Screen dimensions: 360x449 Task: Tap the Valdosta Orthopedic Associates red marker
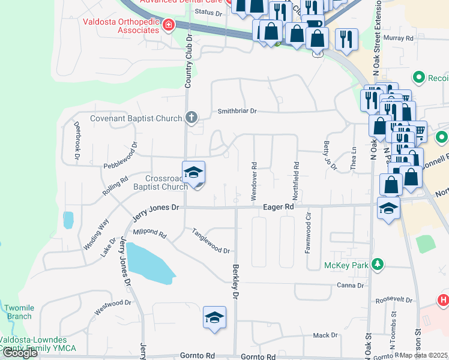169,25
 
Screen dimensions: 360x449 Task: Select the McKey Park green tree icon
377,264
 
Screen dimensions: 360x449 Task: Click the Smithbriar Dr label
237,111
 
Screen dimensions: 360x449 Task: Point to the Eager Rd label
278,206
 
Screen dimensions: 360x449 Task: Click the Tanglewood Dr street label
210,241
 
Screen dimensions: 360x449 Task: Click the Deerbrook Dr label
77,140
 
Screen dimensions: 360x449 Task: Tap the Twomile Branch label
18,311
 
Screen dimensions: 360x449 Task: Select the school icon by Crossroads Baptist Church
194,173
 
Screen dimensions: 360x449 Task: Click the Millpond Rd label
149,232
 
